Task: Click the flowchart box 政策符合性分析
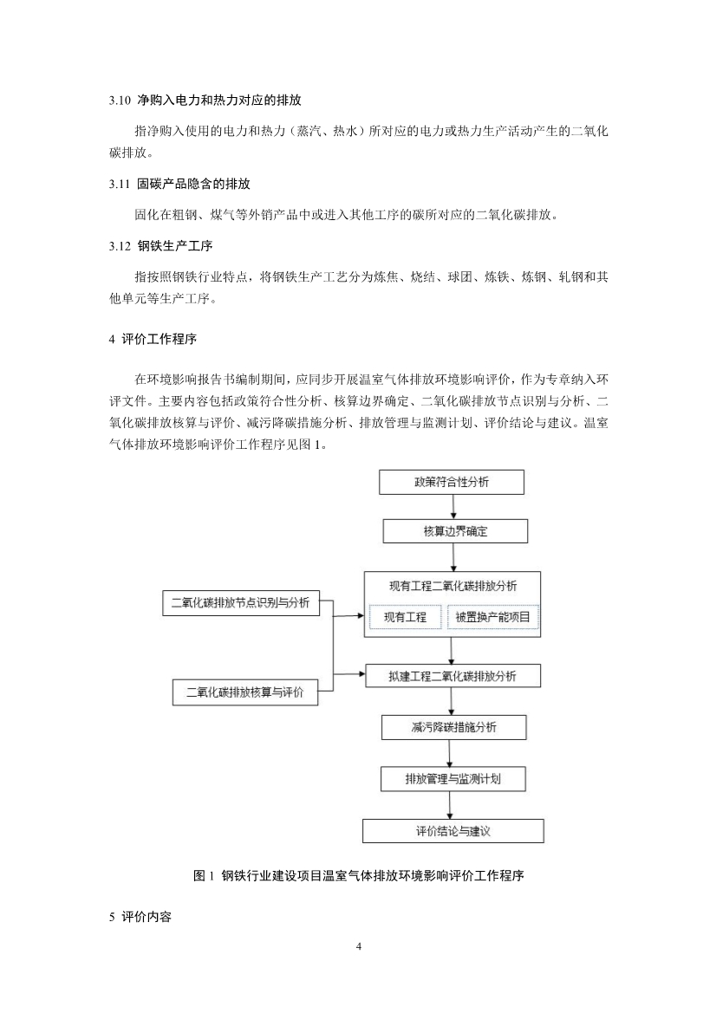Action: click(x=452, y=482)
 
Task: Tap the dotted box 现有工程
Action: click(x=406, y=618)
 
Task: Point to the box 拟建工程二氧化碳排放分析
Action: click(x=452, y=675)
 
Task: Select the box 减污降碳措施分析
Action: click(x=453, y=727)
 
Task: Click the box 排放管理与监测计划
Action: click(x=452, y=778)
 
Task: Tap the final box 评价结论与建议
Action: click(x=452, y=831)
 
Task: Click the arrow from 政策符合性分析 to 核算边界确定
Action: click(x=452, y=507)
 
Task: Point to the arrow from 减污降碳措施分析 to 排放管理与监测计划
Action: click(x=452, y=753)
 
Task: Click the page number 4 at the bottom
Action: click(x=358, y=945)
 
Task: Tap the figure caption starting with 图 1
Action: click(x=358, y=876)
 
